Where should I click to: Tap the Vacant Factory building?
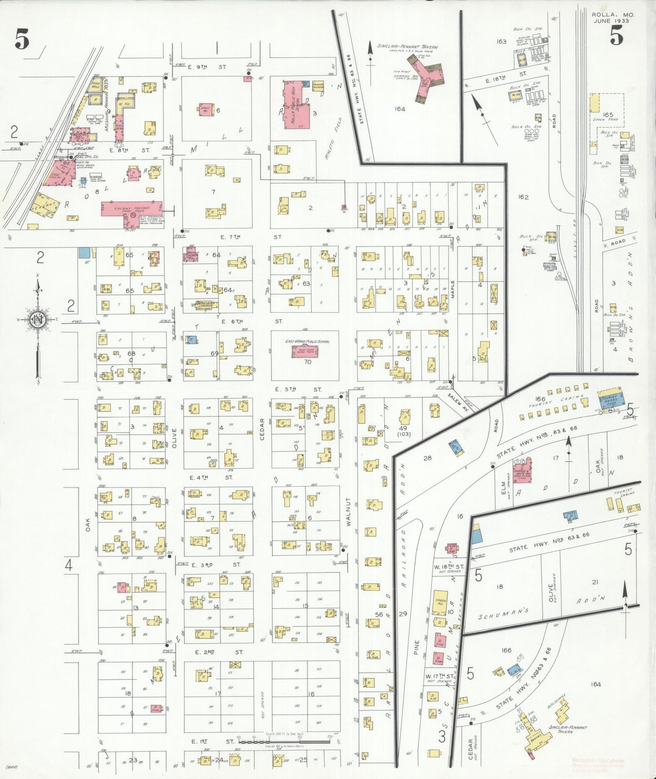(132, 210)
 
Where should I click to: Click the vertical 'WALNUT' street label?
(349, 512)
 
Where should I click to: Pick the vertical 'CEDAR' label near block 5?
(262, 429)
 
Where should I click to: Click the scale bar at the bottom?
(284, 741)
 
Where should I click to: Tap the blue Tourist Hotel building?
(610, 398)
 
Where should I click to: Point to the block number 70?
(307, 362)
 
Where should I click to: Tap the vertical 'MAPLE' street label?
(453, 289)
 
